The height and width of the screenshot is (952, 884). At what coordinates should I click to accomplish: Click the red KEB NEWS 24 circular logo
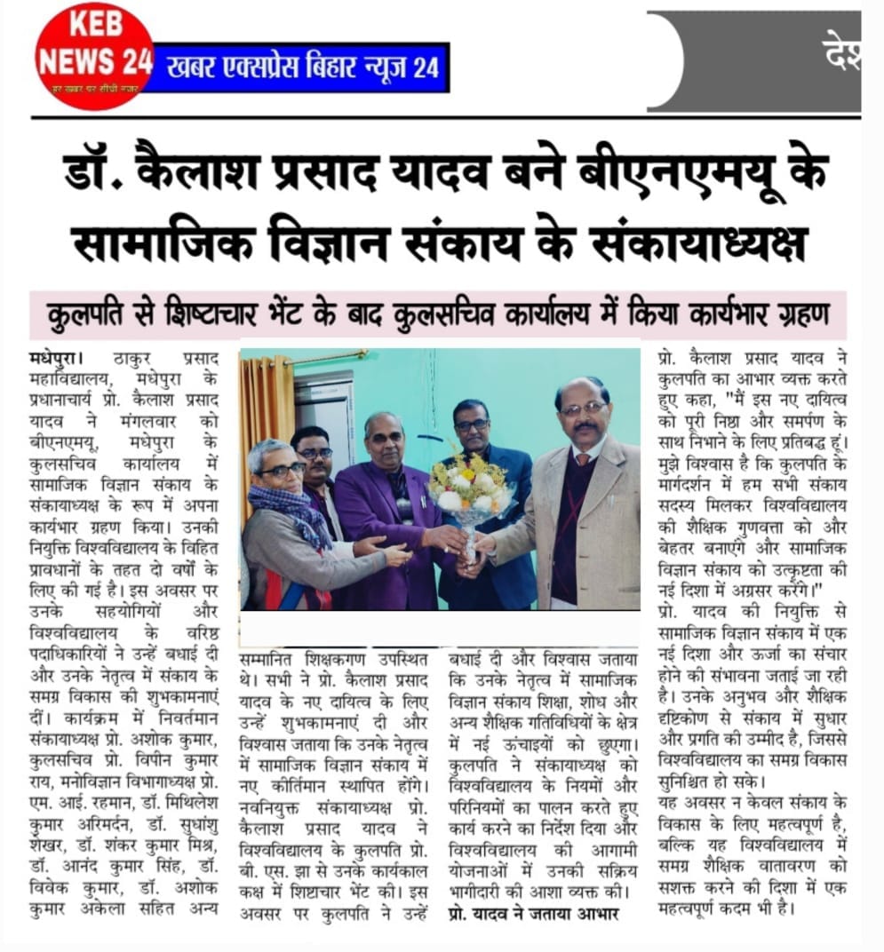pos(94,55)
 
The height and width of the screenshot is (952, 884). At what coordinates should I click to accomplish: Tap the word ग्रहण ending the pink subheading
pos(801,314)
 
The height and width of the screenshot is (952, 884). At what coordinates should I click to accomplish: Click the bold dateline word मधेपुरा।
pos(56,359)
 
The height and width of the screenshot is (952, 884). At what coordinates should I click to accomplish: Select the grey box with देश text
pos(755,60)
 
